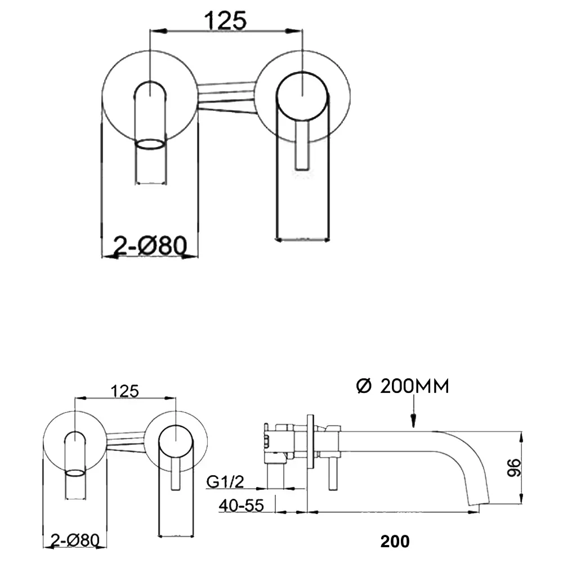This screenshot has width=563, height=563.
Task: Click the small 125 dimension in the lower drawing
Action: [x=124, y=391]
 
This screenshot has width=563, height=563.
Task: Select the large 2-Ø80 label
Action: [x=150, y=245]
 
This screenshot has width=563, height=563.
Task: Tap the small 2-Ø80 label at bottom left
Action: [x=75, y=540]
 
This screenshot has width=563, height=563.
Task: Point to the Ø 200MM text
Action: [x=403, y=386]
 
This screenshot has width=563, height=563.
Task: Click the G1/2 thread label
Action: [x=225, y=481]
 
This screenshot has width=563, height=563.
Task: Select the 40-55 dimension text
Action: [x=242, y=506]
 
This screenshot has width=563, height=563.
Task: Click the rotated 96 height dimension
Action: [x=513, y=467]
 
